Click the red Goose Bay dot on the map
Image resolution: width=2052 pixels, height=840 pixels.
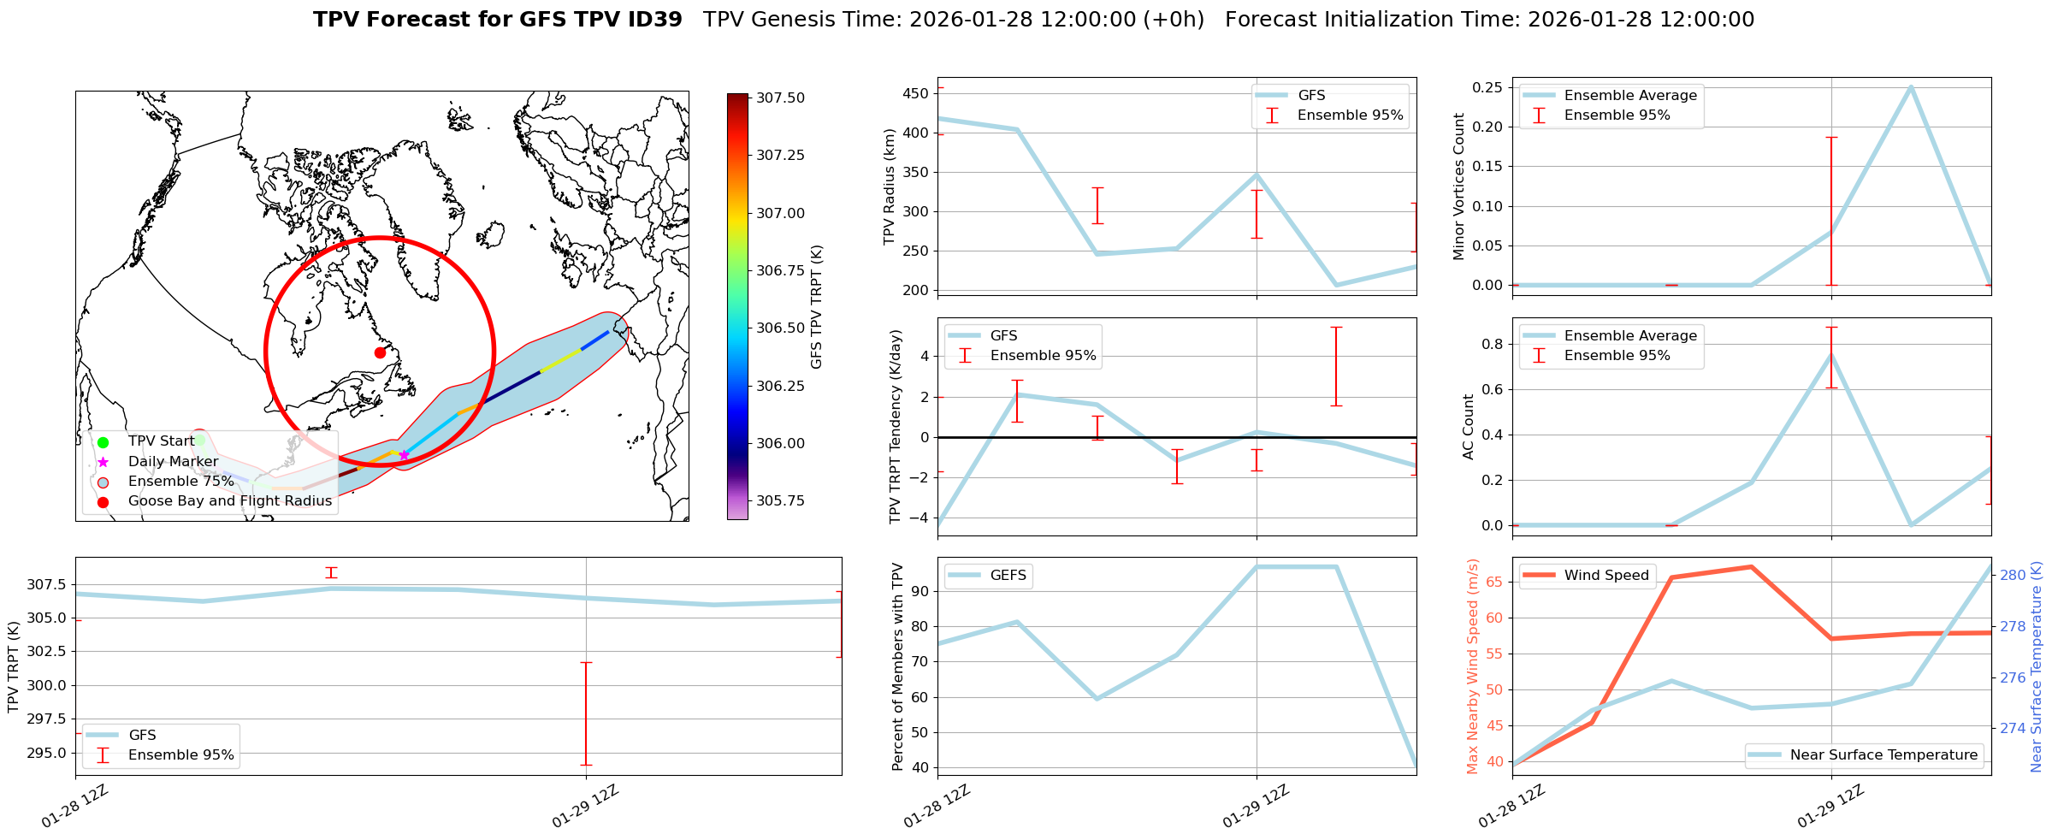380,352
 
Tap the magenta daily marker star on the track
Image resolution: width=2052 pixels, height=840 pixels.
404,455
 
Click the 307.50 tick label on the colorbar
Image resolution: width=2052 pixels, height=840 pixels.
780,98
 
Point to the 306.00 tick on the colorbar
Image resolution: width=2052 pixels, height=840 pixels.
780,443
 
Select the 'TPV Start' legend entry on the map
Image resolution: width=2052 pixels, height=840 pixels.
161,441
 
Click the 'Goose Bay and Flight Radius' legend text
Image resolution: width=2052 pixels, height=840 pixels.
229,501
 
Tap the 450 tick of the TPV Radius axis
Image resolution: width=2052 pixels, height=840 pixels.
916,93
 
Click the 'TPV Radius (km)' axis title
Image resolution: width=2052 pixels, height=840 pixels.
889,186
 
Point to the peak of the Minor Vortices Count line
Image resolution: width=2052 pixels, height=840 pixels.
1911,86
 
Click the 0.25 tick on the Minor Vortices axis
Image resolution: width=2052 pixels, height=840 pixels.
1487,87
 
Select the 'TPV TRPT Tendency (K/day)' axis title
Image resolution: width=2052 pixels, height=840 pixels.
896,426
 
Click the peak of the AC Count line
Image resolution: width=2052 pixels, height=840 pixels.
1831,353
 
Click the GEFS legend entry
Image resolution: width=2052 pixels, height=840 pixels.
1007,576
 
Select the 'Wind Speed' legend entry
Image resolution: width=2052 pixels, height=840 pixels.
1606,576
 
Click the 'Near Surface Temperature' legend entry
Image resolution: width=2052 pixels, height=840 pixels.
1883,755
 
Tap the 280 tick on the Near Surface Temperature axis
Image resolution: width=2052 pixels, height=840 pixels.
2012,575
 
